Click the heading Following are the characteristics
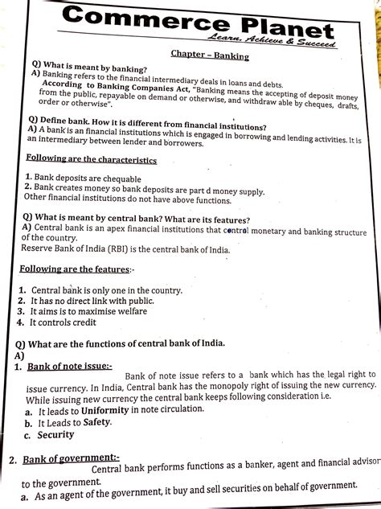pos(91,159)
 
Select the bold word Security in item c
pos(55,435)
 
